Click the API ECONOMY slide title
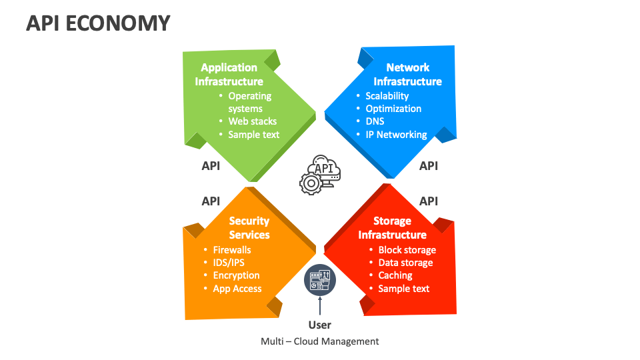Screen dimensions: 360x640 (x=98, y=23)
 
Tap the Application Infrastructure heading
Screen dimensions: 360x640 (x=229, y=75)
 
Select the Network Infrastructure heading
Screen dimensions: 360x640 (x=407, y=75)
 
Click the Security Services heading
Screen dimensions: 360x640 (x=249, y=228)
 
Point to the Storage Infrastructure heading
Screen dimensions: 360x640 (x=392, y=228)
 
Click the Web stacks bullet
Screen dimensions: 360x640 (x=252, y=121)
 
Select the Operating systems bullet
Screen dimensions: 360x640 (x=249, y=102)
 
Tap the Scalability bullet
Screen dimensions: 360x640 (x=387, y=96)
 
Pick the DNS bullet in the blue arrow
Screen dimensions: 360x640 (x=375, y=121)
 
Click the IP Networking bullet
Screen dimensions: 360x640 (x=396, y=135)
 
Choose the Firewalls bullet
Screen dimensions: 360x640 (x=232, y=250)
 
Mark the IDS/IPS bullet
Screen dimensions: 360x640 (x=229, y=263)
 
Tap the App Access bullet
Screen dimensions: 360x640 (x=237, y=289)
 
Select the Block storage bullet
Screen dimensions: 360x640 (x=407, y=250)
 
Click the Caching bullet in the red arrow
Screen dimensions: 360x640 (x=395, y=275)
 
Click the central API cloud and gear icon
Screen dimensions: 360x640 (x=320, y=174)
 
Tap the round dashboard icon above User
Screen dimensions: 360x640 (x=320, y=279)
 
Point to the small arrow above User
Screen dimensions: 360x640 (x=320, y=305)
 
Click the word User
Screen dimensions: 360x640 (x=320, y=325)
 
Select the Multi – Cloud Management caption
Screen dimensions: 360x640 (x=320, y=341)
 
